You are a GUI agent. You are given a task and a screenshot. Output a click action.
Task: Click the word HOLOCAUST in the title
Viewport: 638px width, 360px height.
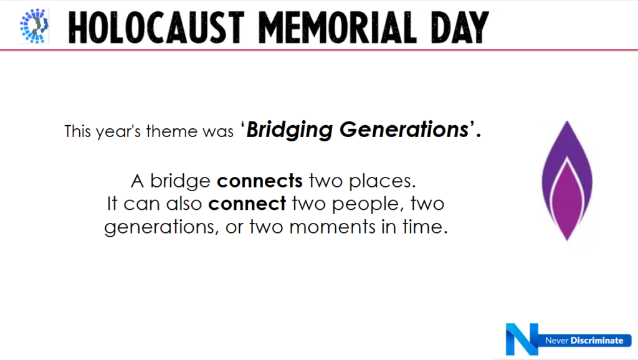tap(156, 27)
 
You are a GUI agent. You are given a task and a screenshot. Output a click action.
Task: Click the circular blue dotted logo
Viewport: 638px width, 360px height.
tap(34, 25)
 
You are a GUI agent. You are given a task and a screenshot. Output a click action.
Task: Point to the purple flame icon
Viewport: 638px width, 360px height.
tap(567, 181)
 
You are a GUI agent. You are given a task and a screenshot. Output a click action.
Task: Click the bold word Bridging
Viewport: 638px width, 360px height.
tap(289, 130)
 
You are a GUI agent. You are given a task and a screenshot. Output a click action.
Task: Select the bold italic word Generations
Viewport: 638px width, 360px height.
tap(404, 130)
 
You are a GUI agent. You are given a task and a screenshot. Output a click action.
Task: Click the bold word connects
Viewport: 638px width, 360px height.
tap(260, 181)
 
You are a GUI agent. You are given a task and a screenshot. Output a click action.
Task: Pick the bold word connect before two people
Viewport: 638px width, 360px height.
tap(247, 204)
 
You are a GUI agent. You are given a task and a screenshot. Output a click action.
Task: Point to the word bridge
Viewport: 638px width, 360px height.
tap(180, 181)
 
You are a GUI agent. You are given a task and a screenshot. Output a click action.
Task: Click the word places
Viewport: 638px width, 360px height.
tap(383, 181)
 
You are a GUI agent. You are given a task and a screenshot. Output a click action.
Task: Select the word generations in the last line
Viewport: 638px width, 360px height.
tap(159, 227)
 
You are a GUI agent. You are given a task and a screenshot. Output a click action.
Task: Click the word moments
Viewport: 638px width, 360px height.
tap(333, 227)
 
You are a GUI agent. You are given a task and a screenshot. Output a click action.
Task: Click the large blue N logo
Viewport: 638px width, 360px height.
tap(521, 339)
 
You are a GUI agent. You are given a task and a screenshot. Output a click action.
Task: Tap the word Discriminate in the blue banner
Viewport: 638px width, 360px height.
tap(597, 341)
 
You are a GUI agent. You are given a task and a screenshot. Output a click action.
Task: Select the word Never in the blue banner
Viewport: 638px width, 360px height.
tap(556, 341)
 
